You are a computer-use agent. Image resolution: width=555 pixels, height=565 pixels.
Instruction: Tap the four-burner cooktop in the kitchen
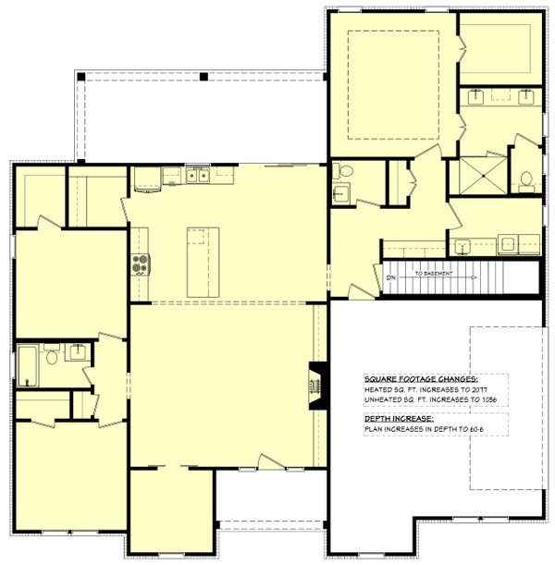(x=141, y=264)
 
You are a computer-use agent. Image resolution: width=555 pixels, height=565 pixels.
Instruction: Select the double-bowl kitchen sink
(x=196, y=175)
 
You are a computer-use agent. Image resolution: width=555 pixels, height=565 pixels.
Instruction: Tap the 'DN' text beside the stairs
(x=389, y=276)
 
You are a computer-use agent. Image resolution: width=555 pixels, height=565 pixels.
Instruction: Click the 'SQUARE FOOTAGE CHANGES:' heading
(x=421, y=380)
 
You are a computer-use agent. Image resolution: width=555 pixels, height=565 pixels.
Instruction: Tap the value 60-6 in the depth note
(x=471, y=432)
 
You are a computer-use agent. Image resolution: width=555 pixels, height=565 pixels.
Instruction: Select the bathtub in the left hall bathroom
(x=27, y=364)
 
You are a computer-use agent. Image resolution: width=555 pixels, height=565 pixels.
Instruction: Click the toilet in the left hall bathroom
(x=53, y=353)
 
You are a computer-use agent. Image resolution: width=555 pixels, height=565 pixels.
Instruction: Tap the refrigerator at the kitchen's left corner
(x=148, y=178)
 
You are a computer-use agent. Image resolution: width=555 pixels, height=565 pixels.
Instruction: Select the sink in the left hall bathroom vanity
(x=78, y=350)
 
